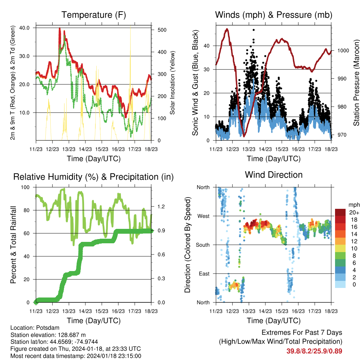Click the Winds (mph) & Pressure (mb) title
pyautogui.click(x=274, y=15)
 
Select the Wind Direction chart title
pyautogui.click(x=274, y=175)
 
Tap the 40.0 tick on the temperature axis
pyautogui.click(x=28, y=28)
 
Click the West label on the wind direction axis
pyautogui.click(x=203, y=216)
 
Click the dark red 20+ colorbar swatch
pyautogui.click(x=341, y=212)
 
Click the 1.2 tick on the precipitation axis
pyautogui.click(x=160, y=206)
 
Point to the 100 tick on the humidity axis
pyautogui.click(x=26, y=187)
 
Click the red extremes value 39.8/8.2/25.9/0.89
pyautogui.click(x=314, y=351)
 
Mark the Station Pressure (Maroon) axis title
pyautogui.click(x=356, y=83)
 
